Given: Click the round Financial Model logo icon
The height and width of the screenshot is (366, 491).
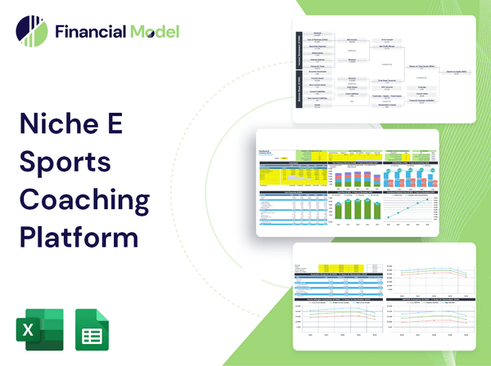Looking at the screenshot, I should coord(31,31).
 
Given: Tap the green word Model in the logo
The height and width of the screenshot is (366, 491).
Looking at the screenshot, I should coord(153,32).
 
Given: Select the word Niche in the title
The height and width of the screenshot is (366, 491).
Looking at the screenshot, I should coord(60,125).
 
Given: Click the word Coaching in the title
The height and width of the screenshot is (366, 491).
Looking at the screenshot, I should coord(84,199).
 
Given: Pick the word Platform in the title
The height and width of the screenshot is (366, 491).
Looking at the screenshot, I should coord(78,236).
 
